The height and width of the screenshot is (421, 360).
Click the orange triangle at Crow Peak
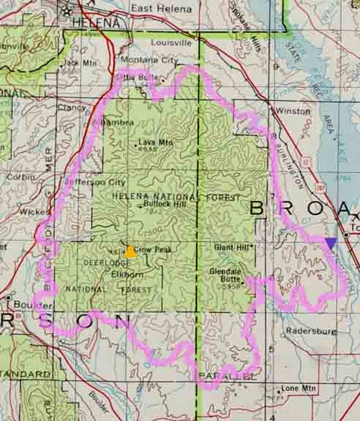coord(130,251)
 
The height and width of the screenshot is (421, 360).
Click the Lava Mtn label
coord(156,143)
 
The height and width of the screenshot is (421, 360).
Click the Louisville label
coord(170,42)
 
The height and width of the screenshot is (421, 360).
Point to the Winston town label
coord(290,111)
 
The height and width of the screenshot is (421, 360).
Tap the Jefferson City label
coord(94,182)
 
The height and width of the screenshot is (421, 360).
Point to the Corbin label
coord(18,177)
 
